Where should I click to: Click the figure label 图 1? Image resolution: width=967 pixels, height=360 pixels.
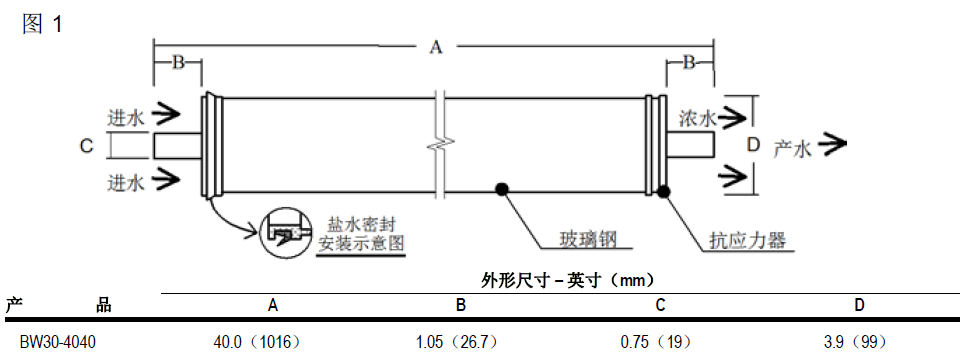(42, 24)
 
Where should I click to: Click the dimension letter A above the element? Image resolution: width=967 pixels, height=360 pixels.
(435, 47)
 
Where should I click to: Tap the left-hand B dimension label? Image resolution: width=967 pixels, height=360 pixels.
(178, 62)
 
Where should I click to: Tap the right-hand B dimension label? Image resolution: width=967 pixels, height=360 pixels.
(689, 62)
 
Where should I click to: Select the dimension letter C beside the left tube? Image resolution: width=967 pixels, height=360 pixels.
(87, 146)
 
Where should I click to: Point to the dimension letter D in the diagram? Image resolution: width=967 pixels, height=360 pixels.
(753, 145)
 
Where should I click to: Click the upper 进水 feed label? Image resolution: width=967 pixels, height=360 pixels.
(125, 115)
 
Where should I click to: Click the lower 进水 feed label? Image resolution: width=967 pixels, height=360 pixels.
(125, 181)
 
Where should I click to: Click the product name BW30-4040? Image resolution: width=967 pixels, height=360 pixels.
(58, 341)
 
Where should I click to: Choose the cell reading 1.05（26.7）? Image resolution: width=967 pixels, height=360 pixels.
(458, 341)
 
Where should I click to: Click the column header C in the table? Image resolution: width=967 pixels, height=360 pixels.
(660, 305)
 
